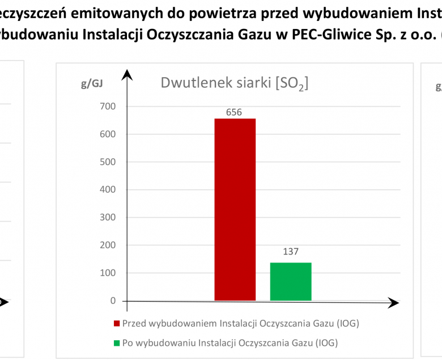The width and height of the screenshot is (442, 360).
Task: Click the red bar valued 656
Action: (x=235, y=210)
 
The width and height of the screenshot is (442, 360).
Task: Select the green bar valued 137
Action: (x=291, y=281)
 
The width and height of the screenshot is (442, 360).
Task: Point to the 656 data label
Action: (x=234, y=112)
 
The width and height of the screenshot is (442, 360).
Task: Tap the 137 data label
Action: (x=290, y=252)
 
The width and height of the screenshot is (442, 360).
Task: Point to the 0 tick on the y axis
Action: (x=113, y=301)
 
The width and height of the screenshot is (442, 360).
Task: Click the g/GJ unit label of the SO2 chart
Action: (x=92, y=84)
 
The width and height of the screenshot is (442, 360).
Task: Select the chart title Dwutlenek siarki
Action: (x=234, y=83)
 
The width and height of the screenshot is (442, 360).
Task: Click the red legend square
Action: (x=117, y=324)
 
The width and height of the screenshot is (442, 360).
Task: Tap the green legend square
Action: (x=117, y=343)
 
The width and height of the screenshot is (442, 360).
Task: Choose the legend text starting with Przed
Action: (x=241, y=324)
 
